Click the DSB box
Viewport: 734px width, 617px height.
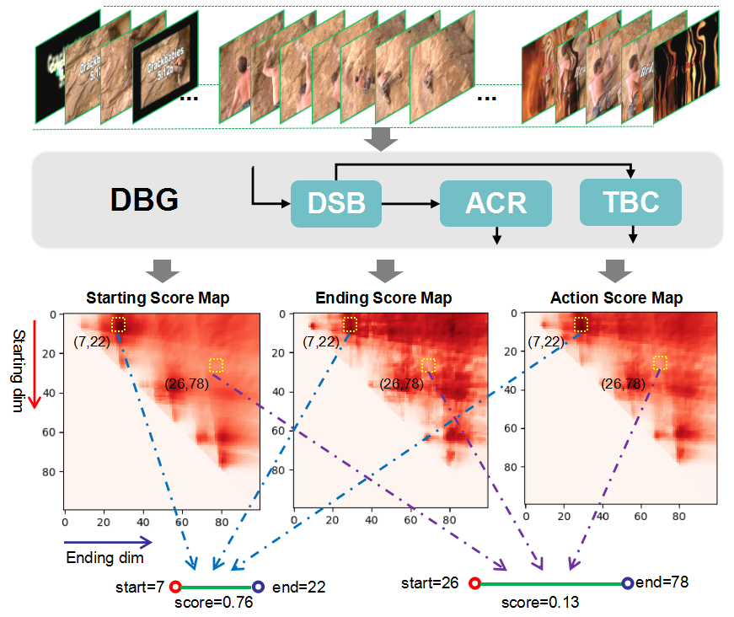pyautogui.click(x=336, y=203)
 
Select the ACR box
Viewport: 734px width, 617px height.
pyautogui.click(x=496, y=204)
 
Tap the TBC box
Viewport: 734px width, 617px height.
pyautogui.click(x=630, y=202)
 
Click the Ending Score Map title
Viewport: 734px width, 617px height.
pyautogui.click(x=383, y=298)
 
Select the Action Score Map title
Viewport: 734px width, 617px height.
pyautogui.click(x=616, y=298)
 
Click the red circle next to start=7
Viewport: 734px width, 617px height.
pyautogui.click(x=175, y=587)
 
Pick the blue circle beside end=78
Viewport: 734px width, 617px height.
pyautogui.click(x=627, y=582)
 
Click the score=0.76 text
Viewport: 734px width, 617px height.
pyautogui.click(x=213, y=603)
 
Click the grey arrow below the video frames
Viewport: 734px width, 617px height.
pyautogui.click(x=383, y=141)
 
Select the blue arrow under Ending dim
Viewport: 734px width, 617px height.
pyautogui.click(x=109, y=542)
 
